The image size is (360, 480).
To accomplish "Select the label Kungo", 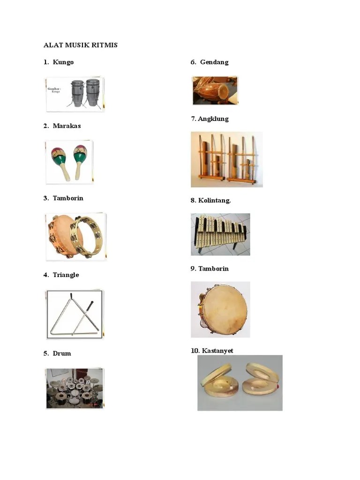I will tap(63, 62).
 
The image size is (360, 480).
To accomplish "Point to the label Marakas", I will tap(67, 126).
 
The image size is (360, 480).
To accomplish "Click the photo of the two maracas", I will tap(69, 162).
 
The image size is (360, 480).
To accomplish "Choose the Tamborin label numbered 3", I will tap(68, 198).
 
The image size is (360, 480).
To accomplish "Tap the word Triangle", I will tap(66, 275).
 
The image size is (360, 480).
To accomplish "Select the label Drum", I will tap(62, 353).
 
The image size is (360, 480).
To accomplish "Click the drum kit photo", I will tap(75, 388).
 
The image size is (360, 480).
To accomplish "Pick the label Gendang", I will tap(214, 62).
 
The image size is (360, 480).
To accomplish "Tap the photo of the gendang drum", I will tap(215, 90).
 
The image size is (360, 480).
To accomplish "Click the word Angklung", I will tap(213, 119).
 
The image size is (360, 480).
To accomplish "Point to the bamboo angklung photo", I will tap(226, 159).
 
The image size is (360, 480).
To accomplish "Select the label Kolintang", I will tap(214, 200).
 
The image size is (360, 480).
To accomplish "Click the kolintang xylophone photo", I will tap(220, 234).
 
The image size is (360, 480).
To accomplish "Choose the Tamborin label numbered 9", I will tap(213, 269).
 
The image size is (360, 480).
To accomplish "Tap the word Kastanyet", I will tap(217, 351).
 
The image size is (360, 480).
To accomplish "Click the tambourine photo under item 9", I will tap(220, 309).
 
